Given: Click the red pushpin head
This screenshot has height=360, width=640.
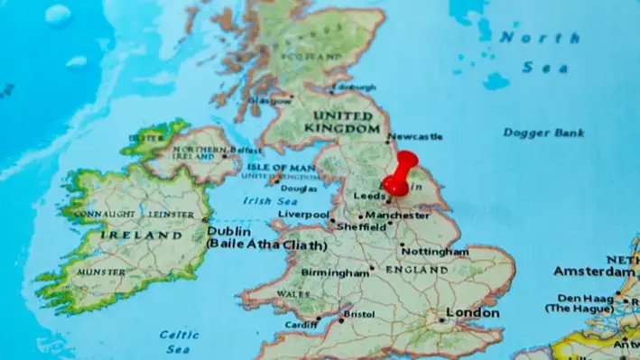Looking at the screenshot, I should pos(404,162).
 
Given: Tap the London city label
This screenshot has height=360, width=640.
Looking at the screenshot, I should pos(474,313).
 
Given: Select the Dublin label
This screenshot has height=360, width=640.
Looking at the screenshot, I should pos(228,230).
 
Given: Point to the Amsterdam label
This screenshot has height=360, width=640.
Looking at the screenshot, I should pos(593,271).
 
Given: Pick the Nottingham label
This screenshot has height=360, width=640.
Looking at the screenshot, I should pos(435,251).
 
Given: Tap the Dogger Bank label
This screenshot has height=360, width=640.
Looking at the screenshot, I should pos(543,134).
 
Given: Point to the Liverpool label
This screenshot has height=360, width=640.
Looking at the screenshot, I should pos(303,215).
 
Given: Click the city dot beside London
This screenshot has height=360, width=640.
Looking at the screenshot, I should pos(441,319).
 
